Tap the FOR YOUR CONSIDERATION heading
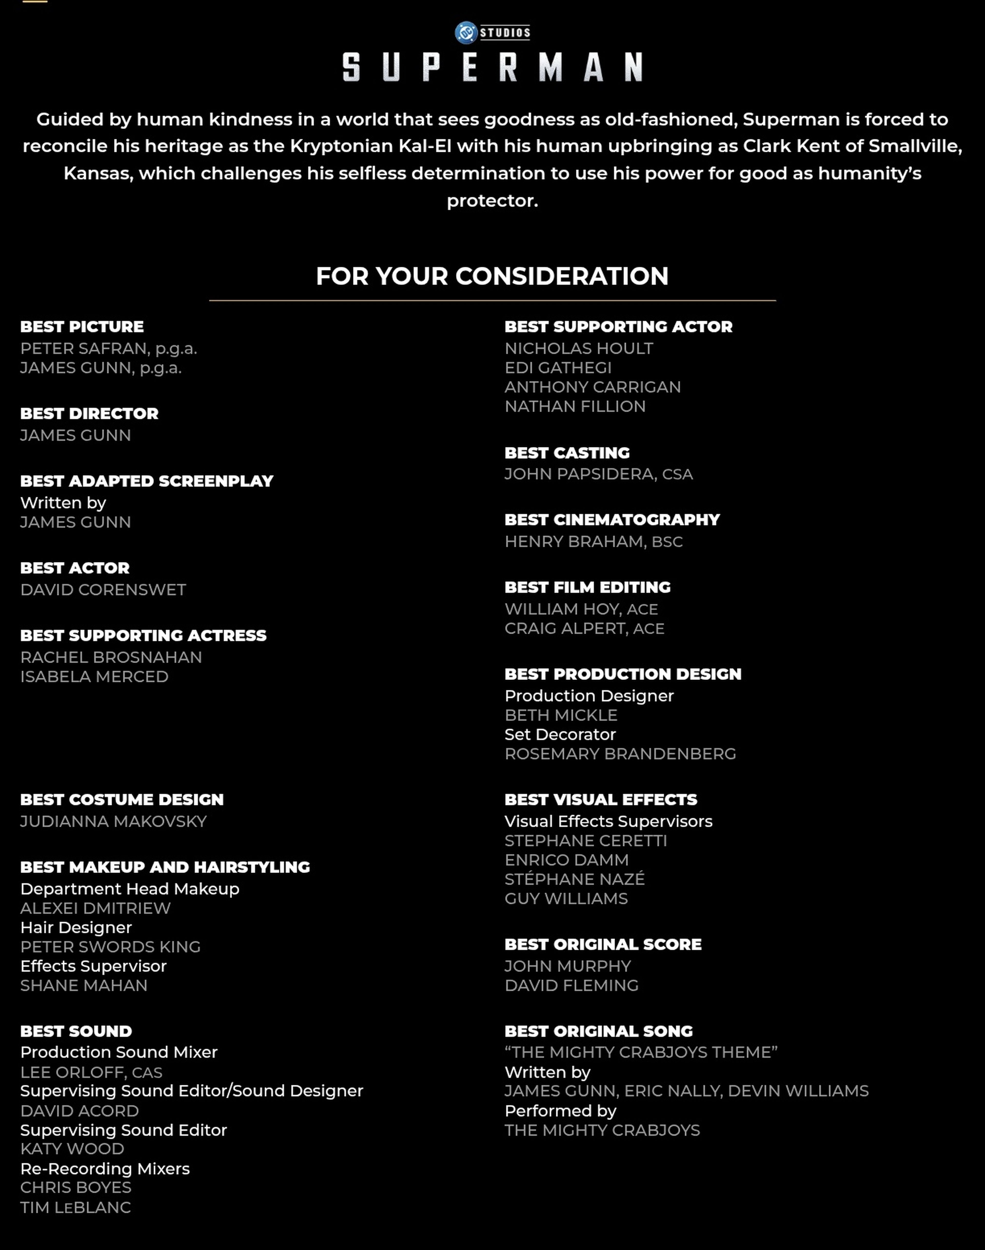(492, 276)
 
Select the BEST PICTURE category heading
(82, 326)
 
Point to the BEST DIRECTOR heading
(89, 413)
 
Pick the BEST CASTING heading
(567, 453)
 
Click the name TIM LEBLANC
(76, 1207)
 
